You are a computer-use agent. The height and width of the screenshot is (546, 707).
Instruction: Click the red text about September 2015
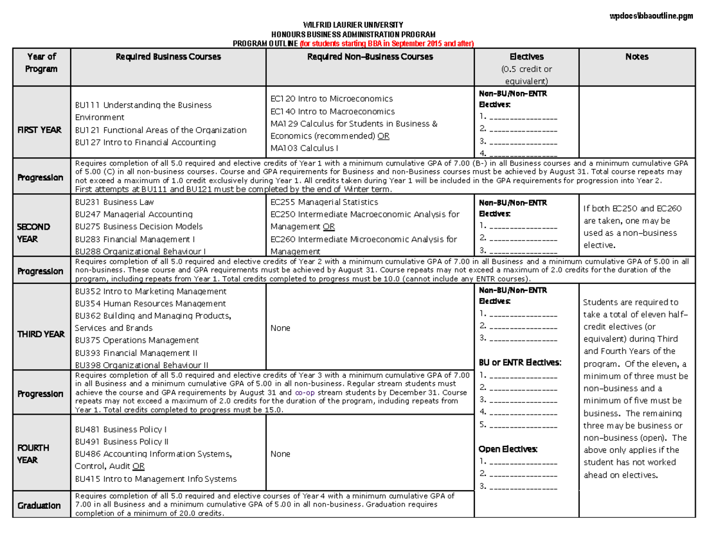[386, 44]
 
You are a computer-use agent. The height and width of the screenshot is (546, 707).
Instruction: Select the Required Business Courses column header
[168, 57]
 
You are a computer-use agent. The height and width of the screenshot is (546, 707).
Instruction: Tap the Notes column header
[637, 57]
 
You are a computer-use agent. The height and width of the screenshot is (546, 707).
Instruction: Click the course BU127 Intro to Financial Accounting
[146, 143]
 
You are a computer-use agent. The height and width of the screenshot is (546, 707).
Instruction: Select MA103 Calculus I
[304, 148]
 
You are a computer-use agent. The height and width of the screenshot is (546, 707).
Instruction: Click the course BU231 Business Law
[115, 201]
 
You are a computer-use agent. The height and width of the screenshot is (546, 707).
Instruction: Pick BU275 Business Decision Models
[138, 227]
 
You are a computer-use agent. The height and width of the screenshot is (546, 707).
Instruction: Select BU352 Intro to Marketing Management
[151, 292]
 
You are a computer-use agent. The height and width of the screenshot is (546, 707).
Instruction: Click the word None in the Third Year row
[280, 328]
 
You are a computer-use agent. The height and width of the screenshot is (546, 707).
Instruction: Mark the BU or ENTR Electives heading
[521, 362]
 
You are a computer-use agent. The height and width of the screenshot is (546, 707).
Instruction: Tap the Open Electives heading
[508, 449]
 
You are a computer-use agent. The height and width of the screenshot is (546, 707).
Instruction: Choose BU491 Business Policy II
[121, 442]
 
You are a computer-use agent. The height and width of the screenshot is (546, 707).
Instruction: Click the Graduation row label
[39, 506]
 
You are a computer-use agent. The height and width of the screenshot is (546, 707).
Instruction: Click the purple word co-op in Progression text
[305, 392]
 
